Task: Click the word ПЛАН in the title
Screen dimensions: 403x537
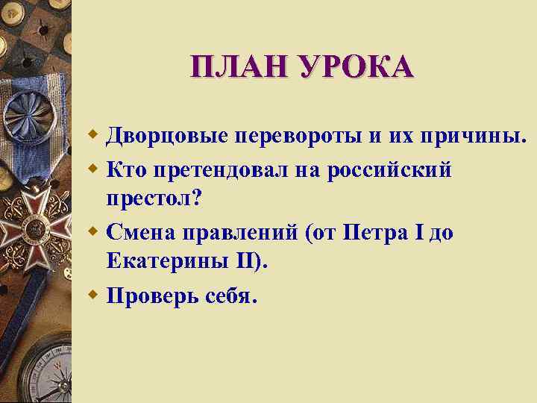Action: (230, 66)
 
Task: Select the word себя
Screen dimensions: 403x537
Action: (232, 296)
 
